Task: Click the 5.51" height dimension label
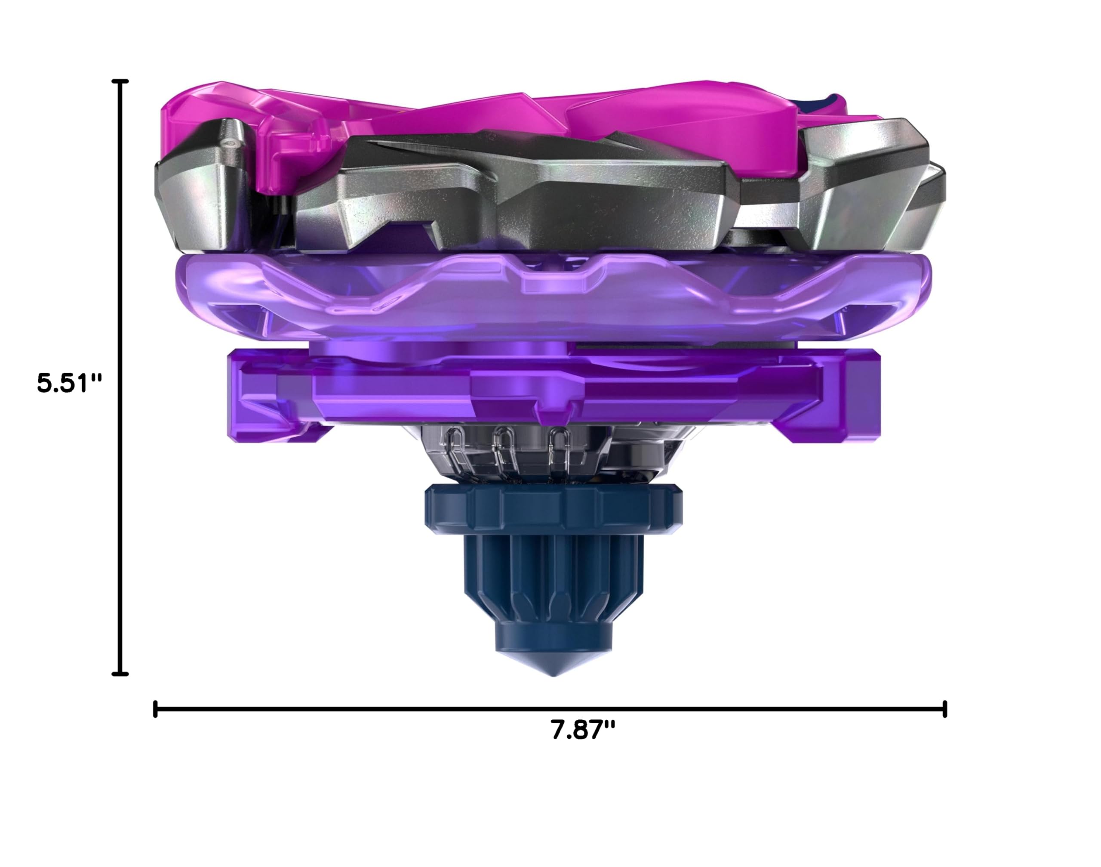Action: [x=70, y=383]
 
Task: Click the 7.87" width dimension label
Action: [x=583, y=731]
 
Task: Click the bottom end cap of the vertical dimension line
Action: [x=120, y=674]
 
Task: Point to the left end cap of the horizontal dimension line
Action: [x=155, y=709]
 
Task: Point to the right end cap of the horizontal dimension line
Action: [x=945, y=709]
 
